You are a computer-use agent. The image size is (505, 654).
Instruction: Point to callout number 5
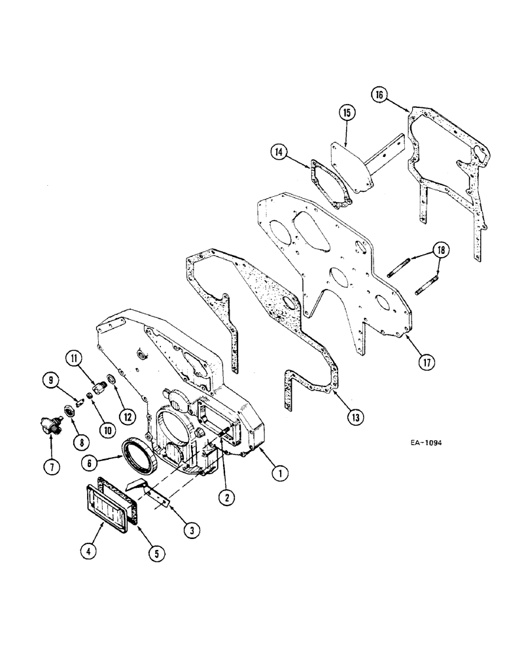coord(156,553)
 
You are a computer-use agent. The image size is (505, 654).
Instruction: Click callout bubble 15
coord(347,113)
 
